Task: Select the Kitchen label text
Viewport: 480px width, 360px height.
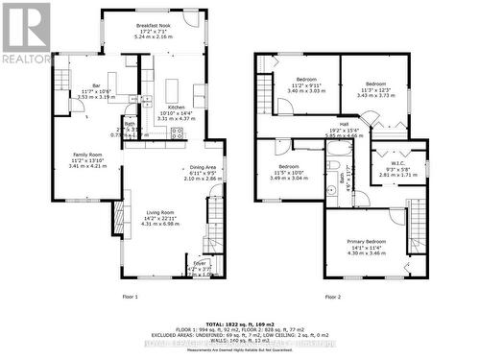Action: coord(176,108)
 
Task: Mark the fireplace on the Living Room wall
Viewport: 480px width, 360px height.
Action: coord(123,214)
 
